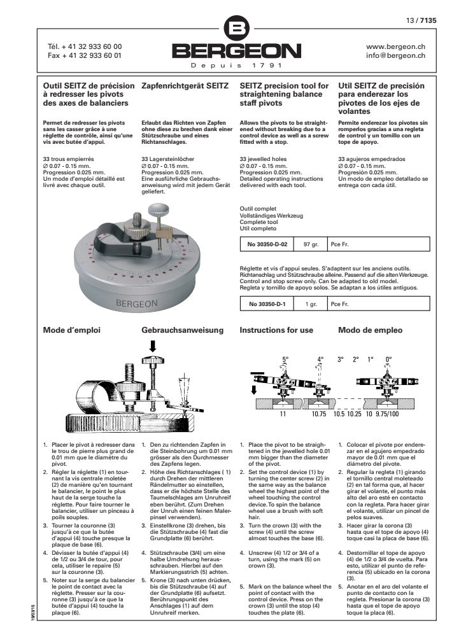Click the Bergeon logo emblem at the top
tap(236, 29)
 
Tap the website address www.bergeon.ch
tap(396, 46)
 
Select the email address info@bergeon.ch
tap(396, 55)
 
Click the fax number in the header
tap(85, 55)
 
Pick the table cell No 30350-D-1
tap(266, 304)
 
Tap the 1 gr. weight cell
tap(311, 304)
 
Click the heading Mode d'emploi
tap(71, 330)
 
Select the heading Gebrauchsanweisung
tap(182, 330)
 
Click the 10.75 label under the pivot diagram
tap(318, 413)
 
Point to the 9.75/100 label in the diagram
tap(390, 413)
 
